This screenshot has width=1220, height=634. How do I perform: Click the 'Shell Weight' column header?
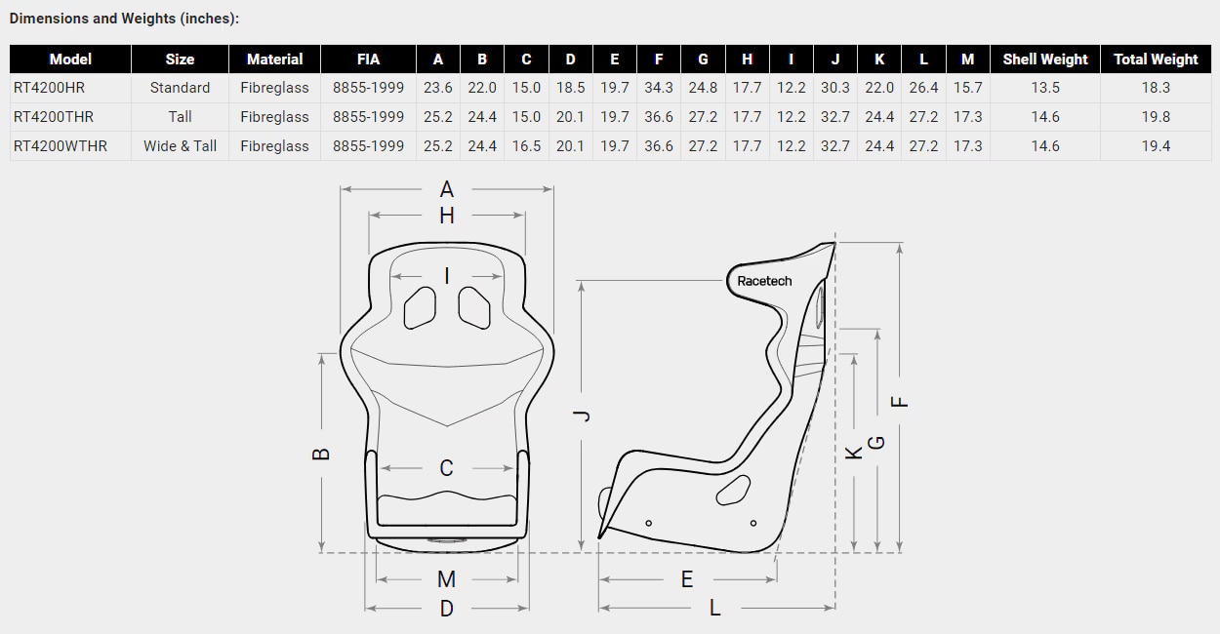tap(1044, 59)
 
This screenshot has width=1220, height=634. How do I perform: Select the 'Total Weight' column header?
tap(1156, 59)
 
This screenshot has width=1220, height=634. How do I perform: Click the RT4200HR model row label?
tap(49, 88)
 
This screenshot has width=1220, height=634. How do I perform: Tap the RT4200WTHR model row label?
tap(61, 146)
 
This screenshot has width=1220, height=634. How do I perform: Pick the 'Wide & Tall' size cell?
tap(180, 146)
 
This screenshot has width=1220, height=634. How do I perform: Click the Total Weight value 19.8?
tap(1156, 117)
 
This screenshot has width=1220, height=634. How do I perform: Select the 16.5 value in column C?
tap(526, 146)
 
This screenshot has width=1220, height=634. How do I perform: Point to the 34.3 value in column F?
tap(659, 88)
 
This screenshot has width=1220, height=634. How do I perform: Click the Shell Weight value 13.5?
tap(1044, 88)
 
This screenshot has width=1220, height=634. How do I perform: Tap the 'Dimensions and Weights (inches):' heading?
tap(124, 19)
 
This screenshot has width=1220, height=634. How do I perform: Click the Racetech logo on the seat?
tap(764, 281)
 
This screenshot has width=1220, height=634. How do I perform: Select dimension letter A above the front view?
tap(447, 189)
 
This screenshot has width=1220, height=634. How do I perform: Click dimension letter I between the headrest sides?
tap(447, 276)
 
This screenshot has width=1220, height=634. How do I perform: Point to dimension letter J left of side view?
tap(583, 416)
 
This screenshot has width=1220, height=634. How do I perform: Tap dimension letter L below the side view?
tap(714, 608)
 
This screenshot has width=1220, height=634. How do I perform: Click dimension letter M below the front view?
tap(446, 579)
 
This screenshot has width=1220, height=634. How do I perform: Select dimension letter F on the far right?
tap(901, 399)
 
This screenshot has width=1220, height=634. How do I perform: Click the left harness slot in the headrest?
tap(421, 306)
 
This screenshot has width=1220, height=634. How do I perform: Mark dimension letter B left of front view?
tap(322, 454)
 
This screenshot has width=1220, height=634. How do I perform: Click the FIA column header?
tap(368, 59)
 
